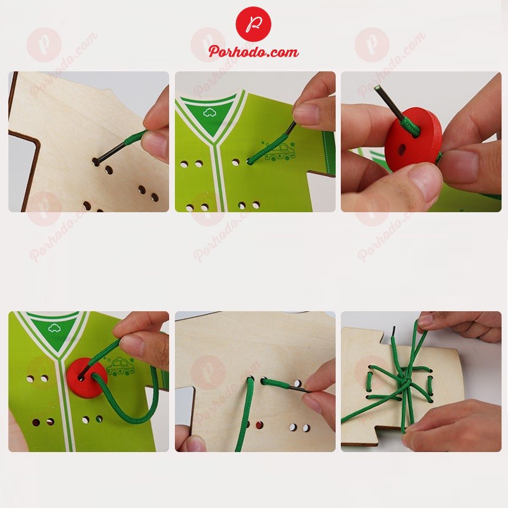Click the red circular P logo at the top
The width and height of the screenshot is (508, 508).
pos(253,24)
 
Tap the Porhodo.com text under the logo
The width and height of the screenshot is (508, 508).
pos(253,52)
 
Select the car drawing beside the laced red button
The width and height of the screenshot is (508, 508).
pos(120,367)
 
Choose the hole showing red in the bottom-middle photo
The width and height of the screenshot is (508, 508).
pos(259,425)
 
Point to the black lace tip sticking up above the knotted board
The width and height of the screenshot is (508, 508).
pos(392,331)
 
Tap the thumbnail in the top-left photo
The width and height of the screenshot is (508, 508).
pos(156,145)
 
